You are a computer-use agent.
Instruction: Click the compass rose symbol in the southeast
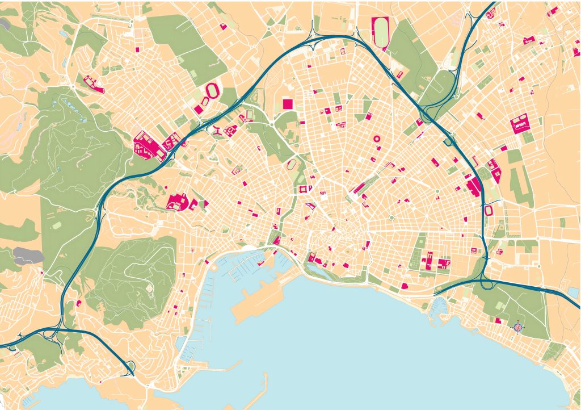(517, 327)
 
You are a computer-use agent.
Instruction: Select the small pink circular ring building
(375, 138)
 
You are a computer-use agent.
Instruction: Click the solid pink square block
(288, 103)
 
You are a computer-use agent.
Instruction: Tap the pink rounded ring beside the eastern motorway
(489, 211)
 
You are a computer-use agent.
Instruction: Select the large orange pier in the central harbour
(262, 296)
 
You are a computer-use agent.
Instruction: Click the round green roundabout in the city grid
(391, 217)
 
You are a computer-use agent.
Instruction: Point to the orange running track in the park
(292, 165)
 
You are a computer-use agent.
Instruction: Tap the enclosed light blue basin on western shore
(182, 343)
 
